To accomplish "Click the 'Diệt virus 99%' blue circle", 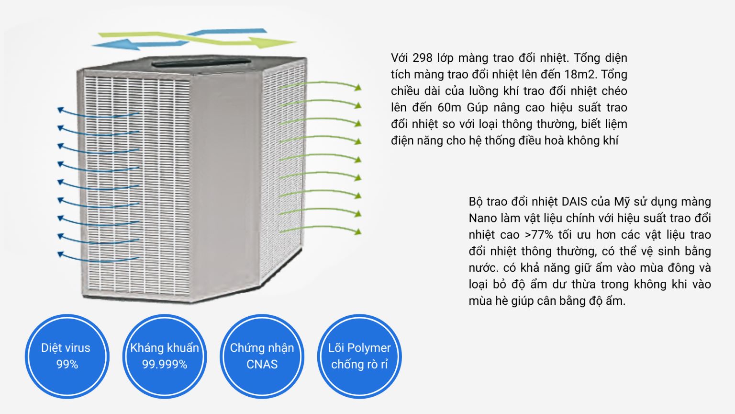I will click(x=67, y=356).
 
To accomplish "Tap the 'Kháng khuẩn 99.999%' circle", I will click(x=164, y=356).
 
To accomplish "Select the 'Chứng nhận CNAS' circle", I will click(x=262, y=356).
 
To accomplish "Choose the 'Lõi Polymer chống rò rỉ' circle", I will click(x=359, y=356).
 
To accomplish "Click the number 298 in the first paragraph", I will click(x=422, y=58).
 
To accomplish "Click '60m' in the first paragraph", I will click(x=449, y=108).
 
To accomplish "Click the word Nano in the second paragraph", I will click(x=483, y=218).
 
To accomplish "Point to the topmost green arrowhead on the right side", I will click(x=357, y=87).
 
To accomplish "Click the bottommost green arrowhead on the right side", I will click(x=357, y=232).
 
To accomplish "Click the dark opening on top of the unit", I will click(x=201, y=62).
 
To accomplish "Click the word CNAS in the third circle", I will click(x=262, y=365).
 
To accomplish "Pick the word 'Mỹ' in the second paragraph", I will click(x=622, y=202).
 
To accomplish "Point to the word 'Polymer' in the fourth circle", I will click(x=368, y=348).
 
